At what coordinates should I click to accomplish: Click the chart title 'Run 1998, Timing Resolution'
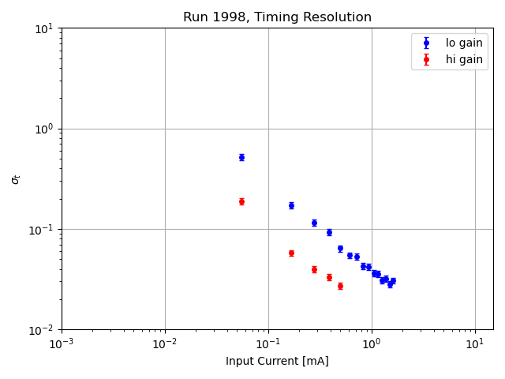point(277,17)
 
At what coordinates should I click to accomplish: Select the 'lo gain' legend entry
point(463,43)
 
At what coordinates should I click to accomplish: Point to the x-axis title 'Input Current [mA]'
point(277,362)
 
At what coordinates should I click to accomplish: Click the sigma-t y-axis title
point(16,179)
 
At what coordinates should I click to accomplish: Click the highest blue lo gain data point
point(241,157)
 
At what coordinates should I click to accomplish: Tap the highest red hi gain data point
point(241,201)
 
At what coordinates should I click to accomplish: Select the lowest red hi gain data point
point(340,286)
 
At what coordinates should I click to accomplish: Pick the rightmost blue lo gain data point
point(393,280)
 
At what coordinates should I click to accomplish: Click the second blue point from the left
point(291,205)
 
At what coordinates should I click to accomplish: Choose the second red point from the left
point(291,253)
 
